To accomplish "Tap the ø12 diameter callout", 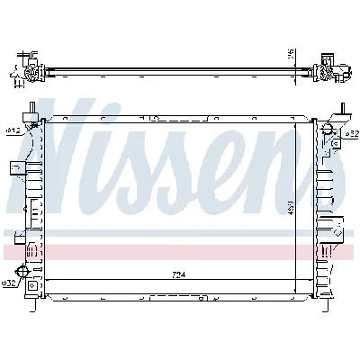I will click(x=13, y=130).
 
